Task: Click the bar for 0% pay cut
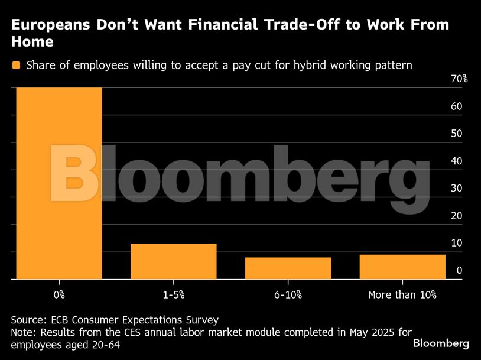tap(59, 183)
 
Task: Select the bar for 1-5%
tap(173, 261)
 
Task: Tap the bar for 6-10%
tap(288, 268)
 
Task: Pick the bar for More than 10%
tap(402, 267)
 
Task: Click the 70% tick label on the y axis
tap(459, 79)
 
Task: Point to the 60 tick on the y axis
tap(456, 106)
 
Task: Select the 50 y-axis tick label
tap(456, 134)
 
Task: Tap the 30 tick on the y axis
tap(456, 189)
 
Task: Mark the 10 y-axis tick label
tap(456, 243)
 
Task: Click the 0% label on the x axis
tap(59, 294)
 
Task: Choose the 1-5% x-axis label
tap(173, 294)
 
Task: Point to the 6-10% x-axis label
tap(288, 294)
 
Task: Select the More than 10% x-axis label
tap(402, 294)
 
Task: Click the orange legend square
tap(16, 65)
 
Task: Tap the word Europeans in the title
tap(50, 25)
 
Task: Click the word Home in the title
tap(32, 42)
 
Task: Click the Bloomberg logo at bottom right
tap(441, 343)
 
